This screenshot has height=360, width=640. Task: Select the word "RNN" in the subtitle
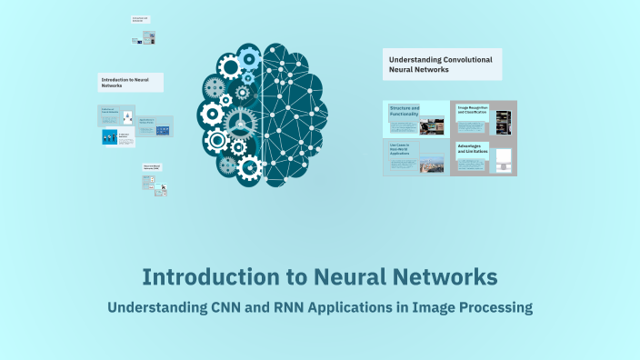(x=288, y=307)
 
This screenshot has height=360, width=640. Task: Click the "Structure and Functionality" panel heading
(x=405, y=111)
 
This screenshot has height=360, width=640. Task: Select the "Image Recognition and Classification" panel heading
(x=473, y=110)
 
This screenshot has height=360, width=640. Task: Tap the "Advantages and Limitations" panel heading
(x=473, y=149)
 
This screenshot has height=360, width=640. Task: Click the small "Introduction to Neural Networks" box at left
(x=131, y=82)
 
